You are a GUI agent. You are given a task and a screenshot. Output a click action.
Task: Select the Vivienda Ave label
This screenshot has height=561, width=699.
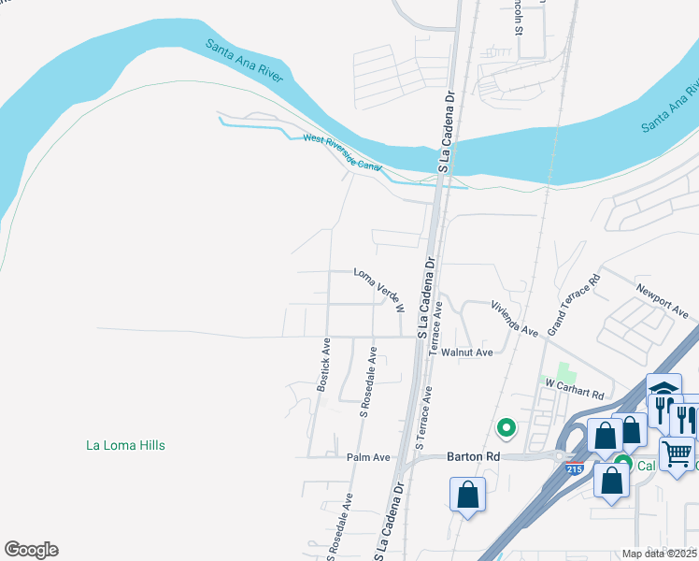516,318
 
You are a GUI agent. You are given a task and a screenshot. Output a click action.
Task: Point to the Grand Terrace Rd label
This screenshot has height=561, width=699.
574,305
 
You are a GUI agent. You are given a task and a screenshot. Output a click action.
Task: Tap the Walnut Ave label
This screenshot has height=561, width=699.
467,352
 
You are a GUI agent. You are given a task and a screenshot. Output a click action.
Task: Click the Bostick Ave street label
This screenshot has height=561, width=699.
324,365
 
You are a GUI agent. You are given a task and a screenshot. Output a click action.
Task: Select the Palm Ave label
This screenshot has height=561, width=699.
367,457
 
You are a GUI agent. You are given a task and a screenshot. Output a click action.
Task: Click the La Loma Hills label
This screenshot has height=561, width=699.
125,445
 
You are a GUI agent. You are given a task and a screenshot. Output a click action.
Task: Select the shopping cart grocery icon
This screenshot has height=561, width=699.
677,455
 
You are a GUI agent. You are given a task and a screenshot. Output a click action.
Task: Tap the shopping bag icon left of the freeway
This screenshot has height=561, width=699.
468,494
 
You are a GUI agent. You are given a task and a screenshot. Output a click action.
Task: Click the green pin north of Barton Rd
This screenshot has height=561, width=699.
506,428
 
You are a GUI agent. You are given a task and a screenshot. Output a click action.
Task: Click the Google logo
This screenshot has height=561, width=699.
31,550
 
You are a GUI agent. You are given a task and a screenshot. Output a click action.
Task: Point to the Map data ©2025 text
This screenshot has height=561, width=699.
659,554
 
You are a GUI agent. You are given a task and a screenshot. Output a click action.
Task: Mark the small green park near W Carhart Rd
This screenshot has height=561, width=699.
563,371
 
